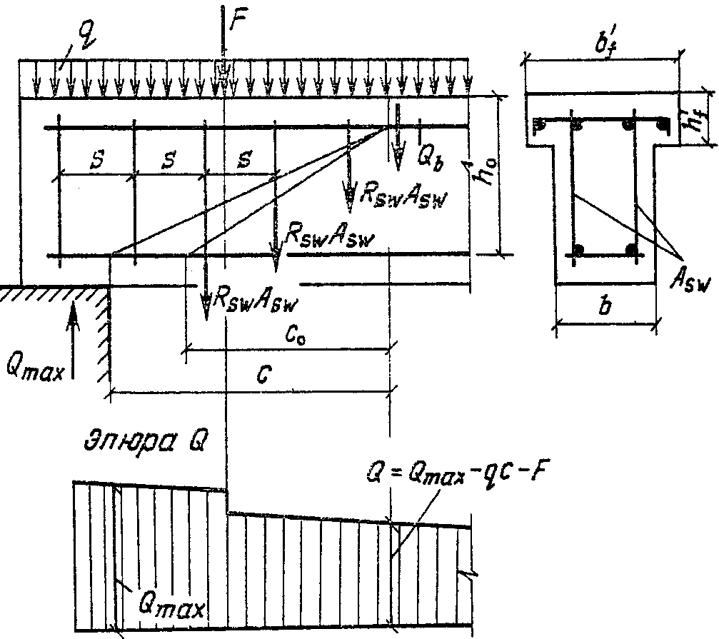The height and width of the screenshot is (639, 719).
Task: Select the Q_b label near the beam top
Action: click(x=431, y=159)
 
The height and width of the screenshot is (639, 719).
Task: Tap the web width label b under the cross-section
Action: click(x=605, y=305)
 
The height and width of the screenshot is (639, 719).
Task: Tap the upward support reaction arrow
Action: click(x=72, y=341)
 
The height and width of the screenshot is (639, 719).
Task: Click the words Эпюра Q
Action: click(x=146, y=441)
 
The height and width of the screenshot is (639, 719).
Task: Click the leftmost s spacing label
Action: click(x=97, y=159)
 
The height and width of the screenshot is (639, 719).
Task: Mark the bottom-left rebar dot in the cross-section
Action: click(x=578, y=250)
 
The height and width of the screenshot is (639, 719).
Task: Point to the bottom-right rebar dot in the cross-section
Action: click(x=632, y=250)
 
